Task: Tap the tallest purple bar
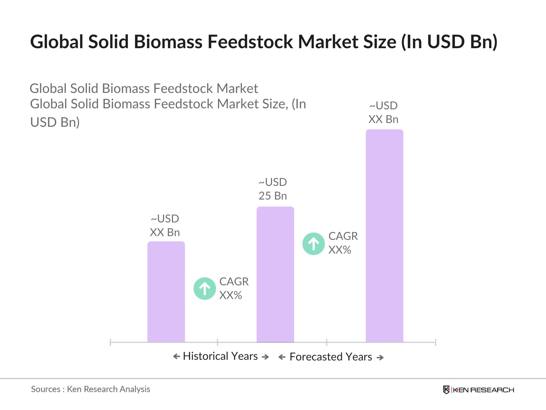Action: tap(384, 235)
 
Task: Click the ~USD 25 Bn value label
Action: tap(273, 189)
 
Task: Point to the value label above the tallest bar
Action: tap(383, 112)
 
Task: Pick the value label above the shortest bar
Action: tap(165, 225)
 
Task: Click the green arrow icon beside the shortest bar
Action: tap(205, 288)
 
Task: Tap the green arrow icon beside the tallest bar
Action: tap(313, 244)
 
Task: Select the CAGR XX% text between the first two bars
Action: tap(234, 288)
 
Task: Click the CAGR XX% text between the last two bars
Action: tap(343, 243)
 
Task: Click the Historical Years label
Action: tap(220, 356)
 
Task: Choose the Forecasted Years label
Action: tap(331, 357)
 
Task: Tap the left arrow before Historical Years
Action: tap(176, 357)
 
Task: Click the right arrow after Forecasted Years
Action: tap(380, 357)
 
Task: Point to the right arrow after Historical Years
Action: tap(265, 357)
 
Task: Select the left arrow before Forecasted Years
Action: tap(282, 357)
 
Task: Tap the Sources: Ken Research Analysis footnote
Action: tap(90, 389)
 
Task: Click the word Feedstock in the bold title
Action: tap(250, 42)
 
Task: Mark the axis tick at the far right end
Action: tap(435, 342)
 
